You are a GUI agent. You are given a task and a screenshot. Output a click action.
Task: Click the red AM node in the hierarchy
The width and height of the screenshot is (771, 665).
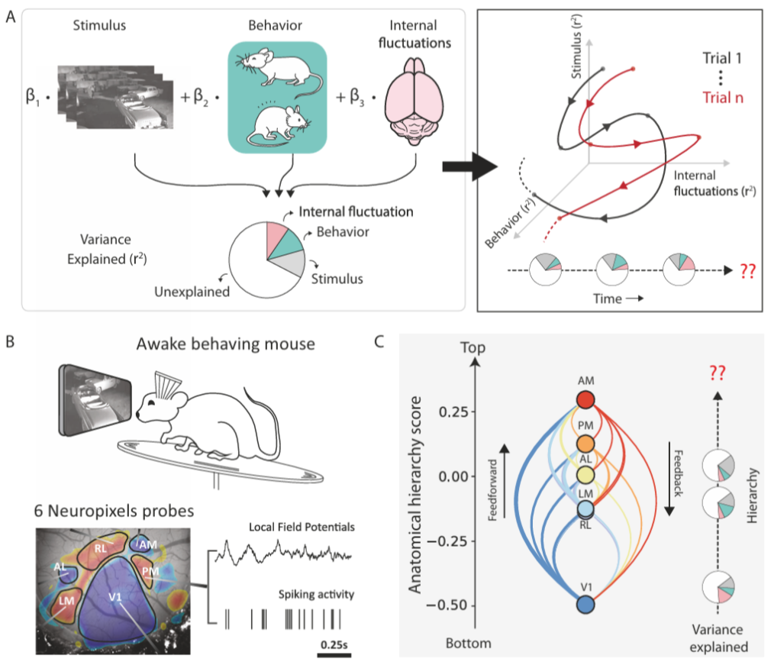click(x=586, y=400)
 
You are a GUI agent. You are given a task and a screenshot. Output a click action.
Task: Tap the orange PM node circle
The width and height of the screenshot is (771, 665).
click(x=586, y=443)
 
